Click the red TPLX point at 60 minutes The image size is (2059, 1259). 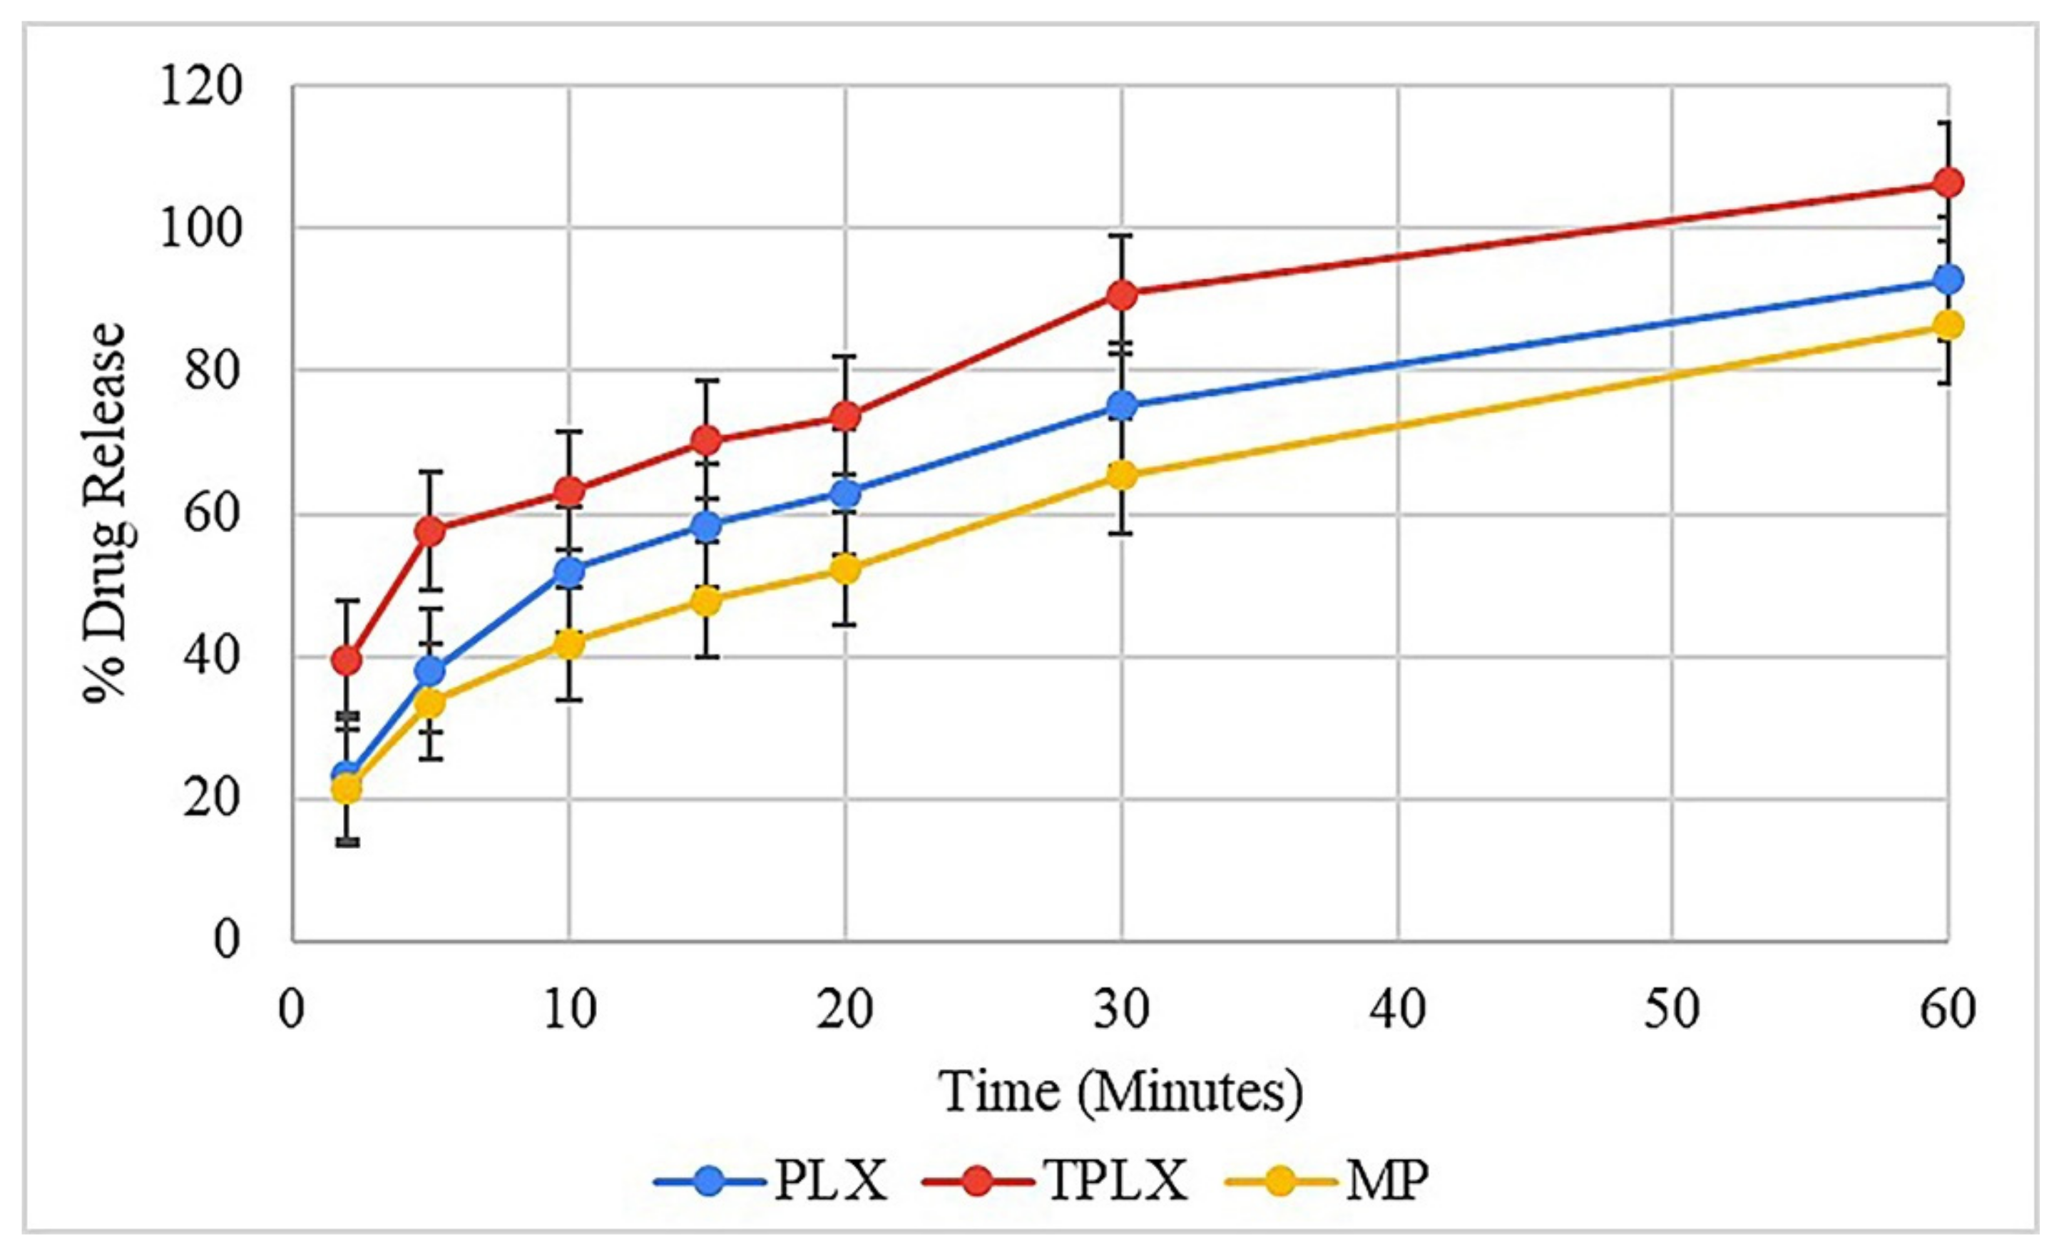tap(1948, 182)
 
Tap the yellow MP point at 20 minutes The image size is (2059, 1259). tap(846, 569)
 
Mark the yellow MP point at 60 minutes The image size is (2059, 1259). tap(1948, 325)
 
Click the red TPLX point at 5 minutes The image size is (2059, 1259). tap(430, 531)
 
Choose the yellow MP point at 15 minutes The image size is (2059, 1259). tap(707, 600)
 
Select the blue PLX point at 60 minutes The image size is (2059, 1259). tap(1948, 279)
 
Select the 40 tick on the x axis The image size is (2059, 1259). tap(1397, 1010)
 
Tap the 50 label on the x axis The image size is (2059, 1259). tap(1673, 1010)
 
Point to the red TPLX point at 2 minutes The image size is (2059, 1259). tap(347, 661)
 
